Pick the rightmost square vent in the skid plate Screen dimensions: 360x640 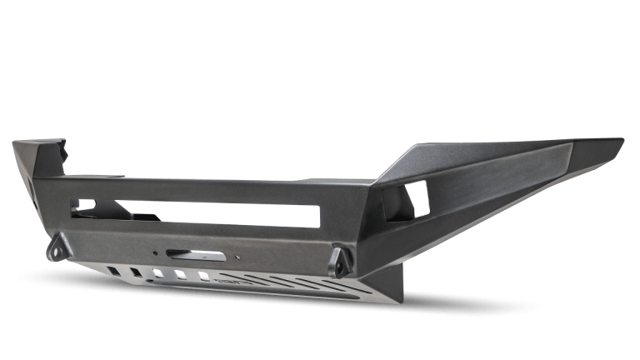202,280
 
